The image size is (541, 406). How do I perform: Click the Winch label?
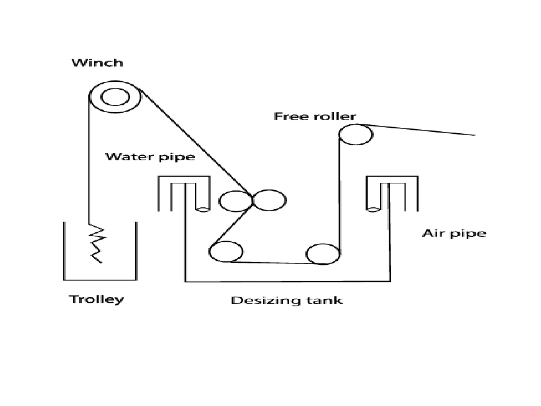point(97,63)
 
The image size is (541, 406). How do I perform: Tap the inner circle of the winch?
point(115,97)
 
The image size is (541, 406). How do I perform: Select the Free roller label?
point(315,117)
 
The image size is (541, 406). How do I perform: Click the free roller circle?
point(356,135)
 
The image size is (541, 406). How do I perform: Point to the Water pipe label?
point(150,157)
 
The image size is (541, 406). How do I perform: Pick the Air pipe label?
point(454,234)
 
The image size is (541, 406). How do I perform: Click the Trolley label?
point(97,300)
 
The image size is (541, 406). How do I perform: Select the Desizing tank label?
point(287,301)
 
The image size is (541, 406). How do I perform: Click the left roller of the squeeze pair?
point(236,201)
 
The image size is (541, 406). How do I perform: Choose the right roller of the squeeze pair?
point(269,200)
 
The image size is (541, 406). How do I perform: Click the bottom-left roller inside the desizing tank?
point(226,251)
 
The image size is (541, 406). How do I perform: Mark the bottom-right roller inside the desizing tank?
point(323,254)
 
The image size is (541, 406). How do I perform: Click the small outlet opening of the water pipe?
point(203,210)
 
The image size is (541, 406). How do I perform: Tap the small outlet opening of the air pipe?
point(373,210)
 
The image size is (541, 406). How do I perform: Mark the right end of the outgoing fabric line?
point(474,135)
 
